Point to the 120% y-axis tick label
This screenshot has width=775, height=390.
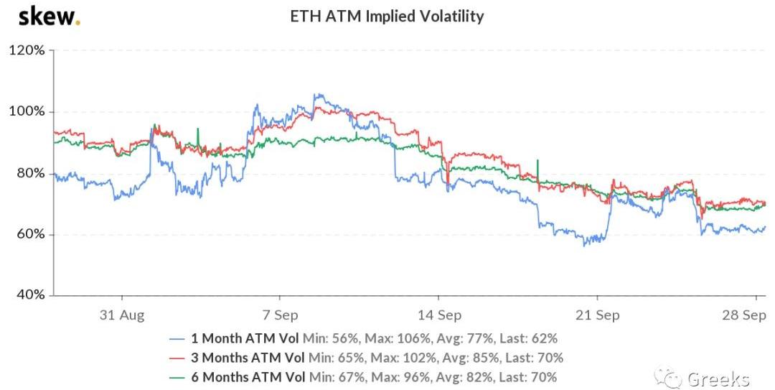tap(27, 50)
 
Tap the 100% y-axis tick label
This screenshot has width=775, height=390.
tap(27, 112)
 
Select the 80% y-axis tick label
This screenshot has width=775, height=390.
tap(29, 173)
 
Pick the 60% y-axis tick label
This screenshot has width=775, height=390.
tap(29, 235)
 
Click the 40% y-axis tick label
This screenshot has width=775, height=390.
tap(29, 295)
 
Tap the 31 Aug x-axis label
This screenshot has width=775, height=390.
tap(122, 315)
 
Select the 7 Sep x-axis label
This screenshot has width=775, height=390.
tap(279, 315)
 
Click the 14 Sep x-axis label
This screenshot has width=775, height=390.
tap(438, 315)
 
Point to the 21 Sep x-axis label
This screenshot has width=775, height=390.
tap(598, 315)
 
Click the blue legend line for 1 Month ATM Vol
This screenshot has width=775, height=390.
tap(178, 338)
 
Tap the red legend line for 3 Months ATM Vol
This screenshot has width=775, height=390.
tap(178, 358)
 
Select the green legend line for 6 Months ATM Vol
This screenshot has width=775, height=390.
tap(178, 377)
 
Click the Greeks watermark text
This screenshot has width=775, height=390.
tap(718, 378)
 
